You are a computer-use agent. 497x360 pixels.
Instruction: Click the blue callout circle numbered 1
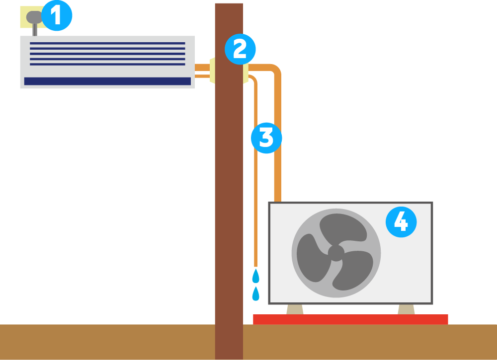pos(57,16)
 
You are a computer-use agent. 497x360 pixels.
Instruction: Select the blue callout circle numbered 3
pos(266,138)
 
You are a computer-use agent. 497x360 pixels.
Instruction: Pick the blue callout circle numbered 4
pos(401,222)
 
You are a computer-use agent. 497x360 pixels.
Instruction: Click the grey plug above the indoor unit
pos(34,18)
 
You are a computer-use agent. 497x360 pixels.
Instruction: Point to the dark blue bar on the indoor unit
pos(107,81)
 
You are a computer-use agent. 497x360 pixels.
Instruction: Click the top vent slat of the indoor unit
pos(107,44)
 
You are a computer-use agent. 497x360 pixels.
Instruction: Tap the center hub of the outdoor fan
pos(336,253)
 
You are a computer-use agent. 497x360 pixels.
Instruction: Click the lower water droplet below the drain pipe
pos(255,293)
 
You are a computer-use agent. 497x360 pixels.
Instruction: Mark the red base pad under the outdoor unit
pos(350,319)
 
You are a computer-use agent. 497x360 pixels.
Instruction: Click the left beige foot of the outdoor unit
pos(295,309)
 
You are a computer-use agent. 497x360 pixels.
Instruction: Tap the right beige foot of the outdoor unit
pos(406,309)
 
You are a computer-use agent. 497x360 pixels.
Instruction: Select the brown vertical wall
pos(229,199)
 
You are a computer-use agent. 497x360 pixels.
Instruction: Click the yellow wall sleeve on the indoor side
pos(212,70)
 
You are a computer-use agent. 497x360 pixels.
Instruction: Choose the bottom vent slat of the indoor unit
pos(107,64)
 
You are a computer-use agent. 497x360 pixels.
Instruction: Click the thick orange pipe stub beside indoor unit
pos(202,67)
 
